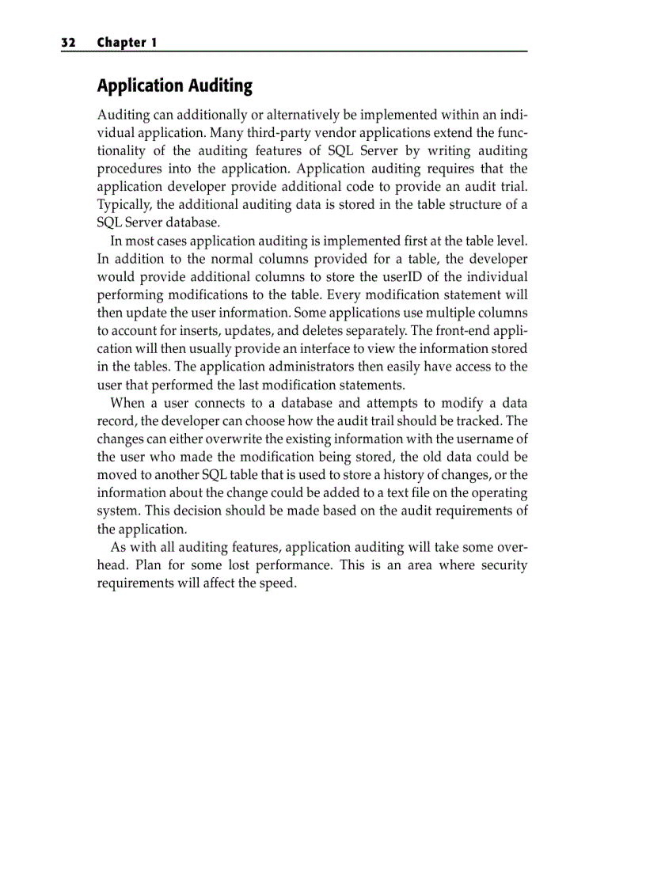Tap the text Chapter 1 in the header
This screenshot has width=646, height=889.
pos(127,43)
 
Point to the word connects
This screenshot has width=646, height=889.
pos(216,403)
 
